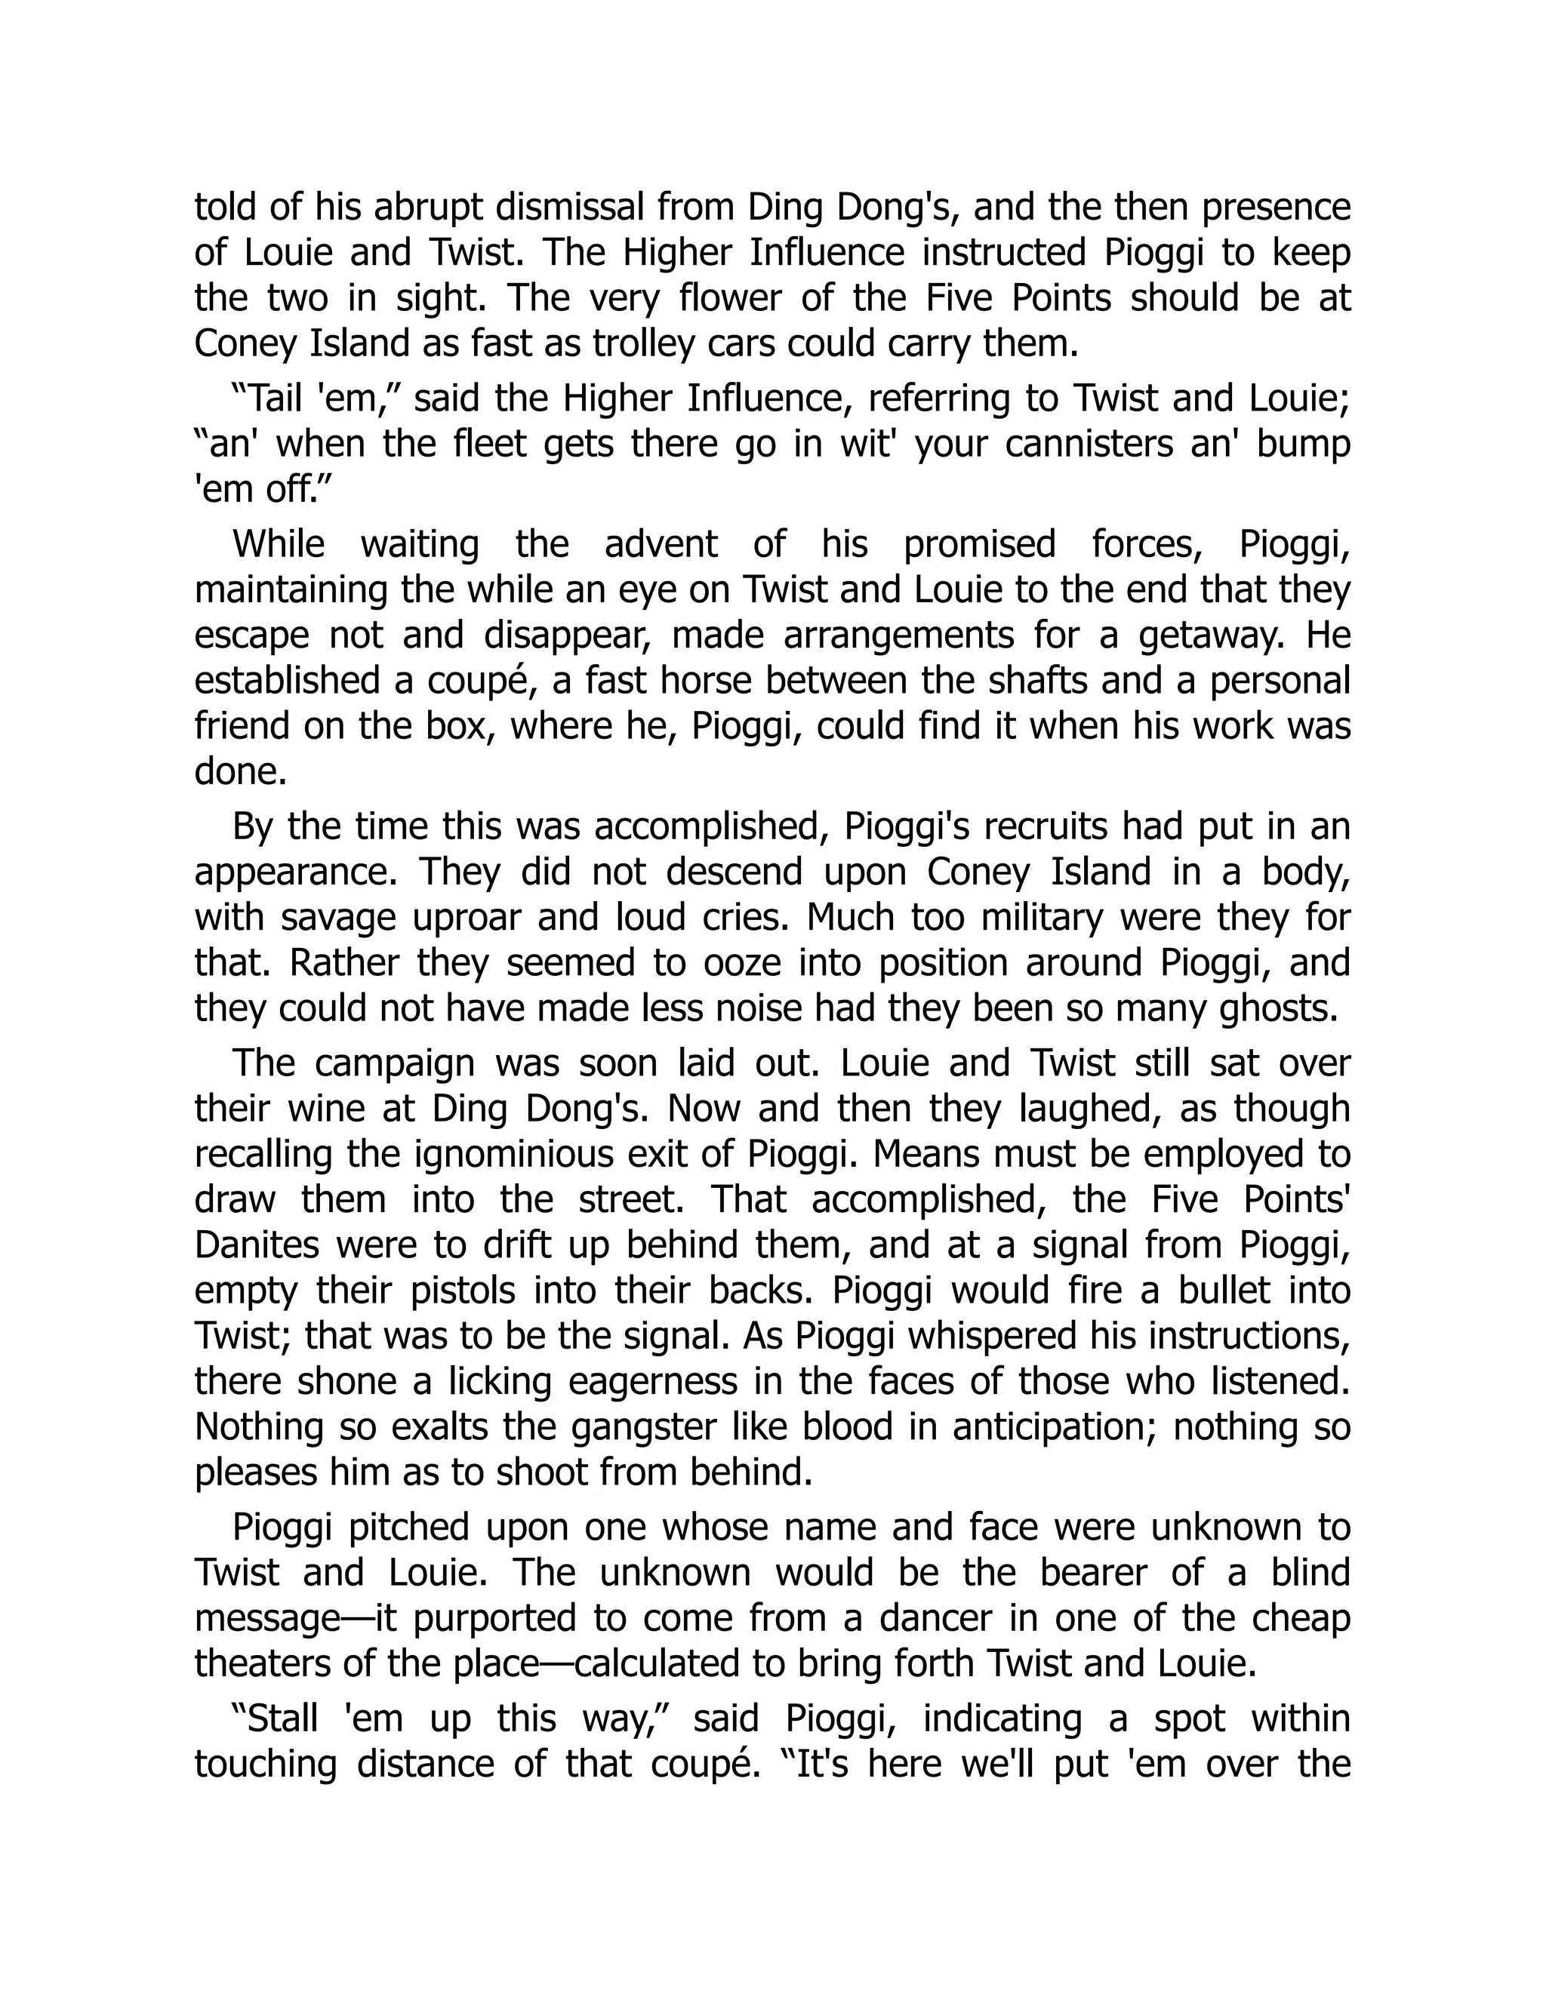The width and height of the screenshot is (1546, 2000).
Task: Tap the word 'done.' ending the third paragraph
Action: point(241,771)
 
